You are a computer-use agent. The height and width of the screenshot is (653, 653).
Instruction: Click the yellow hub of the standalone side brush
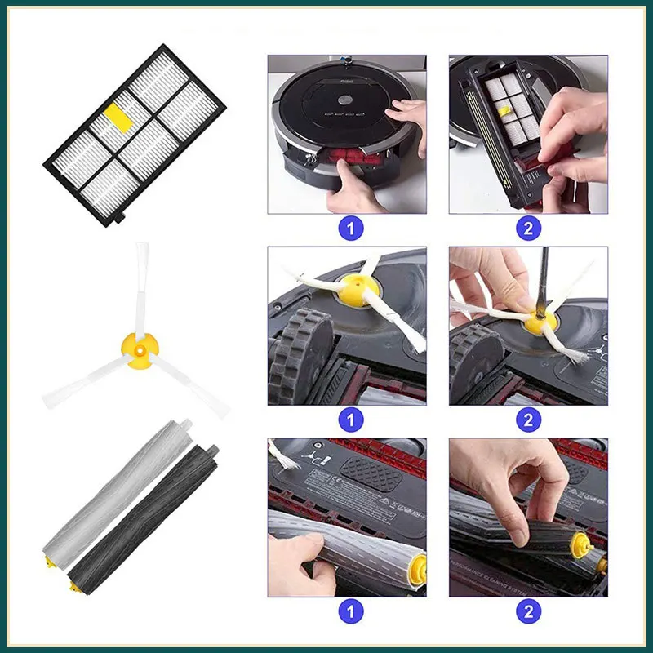point(136,346)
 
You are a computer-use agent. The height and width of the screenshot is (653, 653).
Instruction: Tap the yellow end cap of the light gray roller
point(51,564)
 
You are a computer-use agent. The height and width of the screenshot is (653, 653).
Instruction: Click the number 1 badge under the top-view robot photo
point(350,228)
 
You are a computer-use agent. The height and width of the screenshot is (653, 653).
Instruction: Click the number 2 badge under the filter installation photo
point(528,228)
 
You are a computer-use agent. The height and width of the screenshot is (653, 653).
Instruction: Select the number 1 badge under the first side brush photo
point(350,420)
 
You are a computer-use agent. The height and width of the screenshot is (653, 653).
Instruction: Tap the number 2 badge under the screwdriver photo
point(528,420)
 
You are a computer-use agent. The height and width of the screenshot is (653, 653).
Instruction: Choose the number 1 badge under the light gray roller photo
point(350,611)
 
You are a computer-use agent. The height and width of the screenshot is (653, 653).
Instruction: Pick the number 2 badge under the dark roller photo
point(528,611)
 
